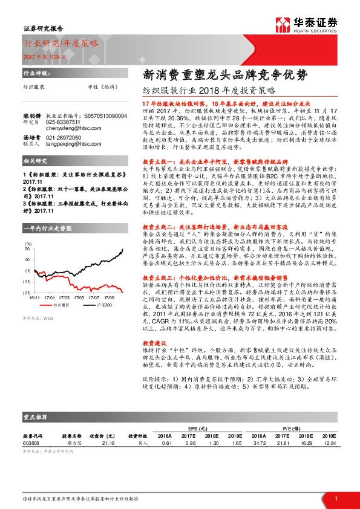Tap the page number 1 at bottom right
pyautogui.click(x=335, y=497)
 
